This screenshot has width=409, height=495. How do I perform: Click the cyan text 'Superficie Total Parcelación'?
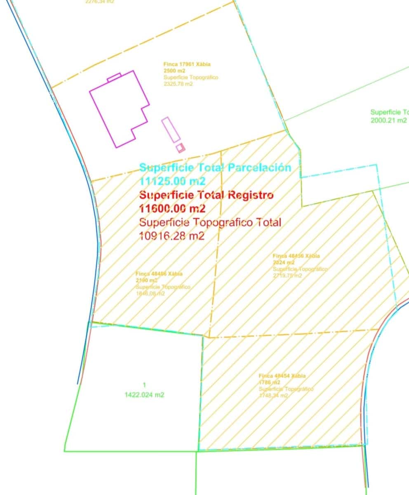click(215, 168)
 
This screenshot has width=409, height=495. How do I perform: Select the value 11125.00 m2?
click(172, 181)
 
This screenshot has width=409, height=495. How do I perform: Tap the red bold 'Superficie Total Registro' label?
click(206, 195)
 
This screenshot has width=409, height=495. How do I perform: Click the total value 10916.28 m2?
click(172, 236)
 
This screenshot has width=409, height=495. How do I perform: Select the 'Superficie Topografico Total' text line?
click(210, 222)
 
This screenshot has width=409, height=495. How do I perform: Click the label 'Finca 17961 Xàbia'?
click(187, 64)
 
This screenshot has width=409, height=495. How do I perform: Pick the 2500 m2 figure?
click(174, 71)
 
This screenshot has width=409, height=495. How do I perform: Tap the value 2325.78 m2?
click(178, 84)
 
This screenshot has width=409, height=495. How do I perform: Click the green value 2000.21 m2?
click(389, 120)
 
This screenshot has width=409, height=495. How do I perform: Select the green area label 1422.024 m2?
click(144, 395)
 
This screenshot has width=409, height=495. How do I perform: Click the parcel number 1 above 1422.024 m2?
click(144, 385)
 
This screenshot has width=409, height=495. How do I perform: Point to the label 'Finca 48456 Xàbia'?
click(296, 256)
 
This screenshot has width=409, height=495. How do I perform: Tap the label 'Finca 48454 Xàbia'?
click(282, 376)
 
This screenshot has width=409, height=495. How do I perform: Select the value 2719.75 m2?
click(287, 276)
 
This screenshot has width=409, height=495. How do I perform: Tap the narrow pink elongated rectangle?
click(171, 130)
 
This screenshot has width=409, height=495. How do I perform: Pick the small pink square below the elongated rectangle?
click(180, 148)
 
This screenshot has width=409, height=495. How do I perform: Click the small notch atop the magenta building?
click(114, 77)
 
